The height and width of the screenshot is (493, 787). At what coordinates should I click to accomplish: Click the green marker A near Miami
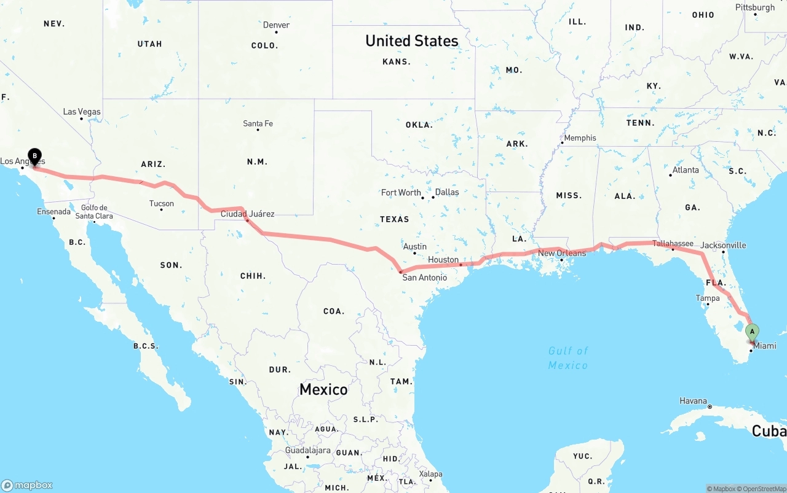751,332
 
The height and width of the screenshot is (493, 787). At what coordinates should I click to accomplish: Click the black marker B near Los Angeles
35,156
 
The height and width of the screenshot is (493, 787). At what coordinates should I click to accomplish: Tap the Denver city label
276,25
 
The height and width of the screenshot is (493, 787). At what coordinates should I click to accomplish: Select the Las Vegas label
82,112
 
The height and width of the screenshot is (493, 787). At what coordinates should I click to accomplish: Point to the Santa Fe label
258,123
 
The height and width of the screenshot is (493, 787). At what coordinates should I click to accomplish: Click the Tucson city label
161,203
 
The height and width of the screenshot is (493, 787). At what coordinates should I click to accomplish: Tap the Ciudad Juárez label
247,214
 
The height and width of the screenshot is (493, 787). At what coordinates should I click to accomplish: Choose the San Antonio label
424,278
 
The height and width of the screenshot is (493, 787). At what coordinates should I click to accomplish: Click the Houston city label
443,260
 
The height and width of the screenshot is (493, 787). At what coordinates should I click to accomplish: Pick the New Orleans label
562,253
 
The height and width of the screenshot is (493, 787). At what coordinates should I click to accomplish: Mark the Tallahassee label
673,243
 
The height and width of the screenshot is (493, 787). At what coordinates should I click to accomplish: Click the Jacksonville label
723,245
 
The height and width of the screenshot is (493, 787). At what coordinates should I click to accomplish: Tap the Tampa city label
708,298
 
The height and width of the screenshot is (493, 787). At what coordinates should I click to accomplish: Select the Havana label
693,401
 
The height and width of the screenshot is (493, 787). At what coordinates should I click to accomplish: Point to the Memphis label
580,138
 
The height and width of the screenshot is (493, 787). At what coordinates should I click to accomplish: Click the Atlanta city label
685,170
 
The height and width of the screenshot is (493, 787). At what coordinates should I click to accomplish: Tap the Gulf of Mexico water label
568,358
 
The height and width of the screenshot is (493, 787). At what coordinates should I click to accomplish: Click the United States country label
411,41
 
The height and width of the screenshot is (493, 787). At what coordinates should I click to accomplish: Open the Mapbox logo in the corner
27,485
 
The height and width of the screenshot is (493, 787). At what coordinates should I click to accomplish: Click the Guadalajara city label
308,450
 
